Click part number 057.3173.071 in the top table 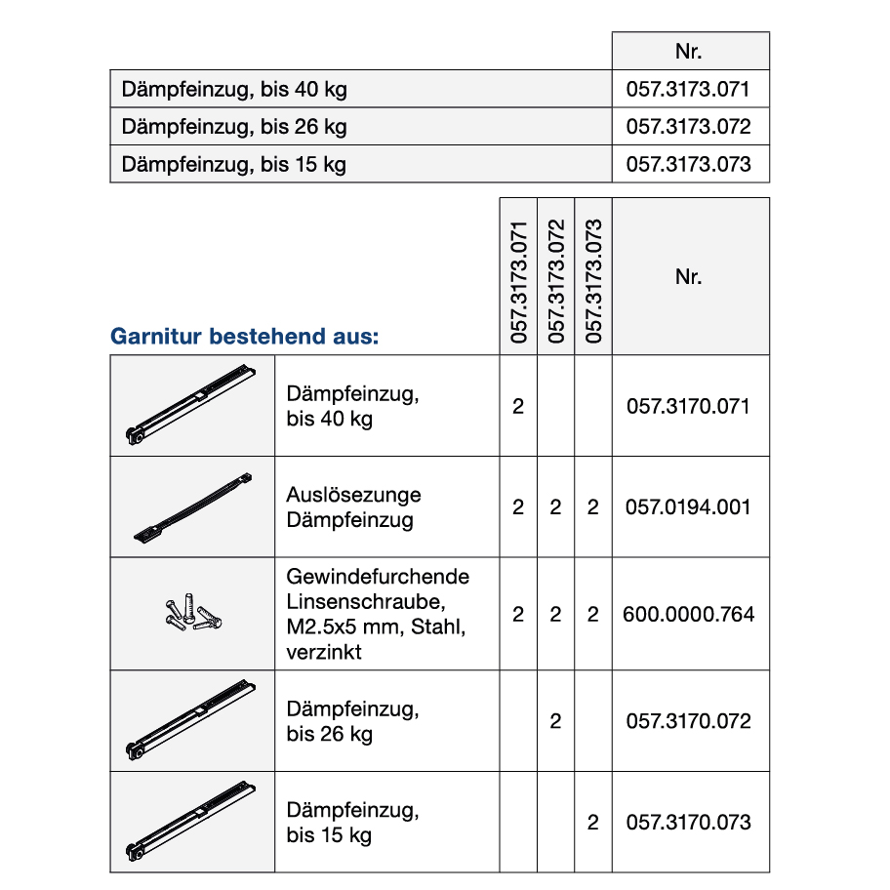coord(689,90)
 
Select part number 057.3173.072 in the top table coord(689,127)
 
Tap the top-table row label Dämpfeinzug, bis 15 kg coord(234,164)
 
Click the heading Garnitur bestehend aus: coord(244,338)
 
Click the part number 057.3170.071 coord(689,406)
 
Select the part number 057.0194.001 coord(689,507)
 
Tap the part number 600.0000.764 coord(689,614)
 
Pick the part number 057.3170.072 coord(689,721)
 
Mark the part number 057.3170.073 coord(689,823)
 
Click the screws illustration coord(191,614)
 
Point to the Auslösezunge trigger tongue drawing coord(192,507)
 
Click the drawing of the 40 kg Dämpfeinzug coord(191,406)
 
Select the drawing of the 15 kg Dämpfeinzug coord(191,823)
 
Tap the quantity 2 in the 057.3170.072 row coord(555,721)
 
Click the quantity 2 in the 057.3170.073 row coord(592,823)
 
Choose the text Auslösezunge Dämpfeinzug coord(353,507)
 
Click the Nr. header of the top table coord(689,52)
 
